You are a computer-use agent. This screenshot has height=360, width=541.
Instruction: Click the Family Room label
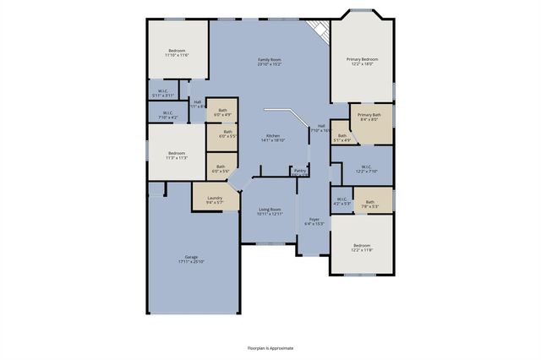tap(270, 59)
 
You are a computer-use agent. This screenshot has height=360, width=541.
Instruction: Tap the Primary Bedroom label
tap(362, 59)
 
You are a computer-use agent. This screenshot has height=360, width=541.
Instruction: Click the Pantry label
tap(299, 170)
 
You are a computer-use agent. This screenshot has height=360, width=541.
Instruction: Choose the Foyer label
tap(314, 219)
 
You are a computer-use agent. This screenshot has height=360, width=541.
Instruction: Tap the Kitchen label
tap(273, 136)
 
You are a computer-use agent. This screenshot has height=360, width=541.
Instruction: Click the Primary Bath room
tap(369, 117)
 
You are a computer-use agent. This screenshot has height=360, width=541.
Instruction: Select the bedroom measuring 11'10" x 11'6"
tap(178, 52)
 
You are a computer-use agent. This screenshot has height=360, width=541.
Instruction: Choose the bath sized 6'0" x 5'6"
tap(222, 169)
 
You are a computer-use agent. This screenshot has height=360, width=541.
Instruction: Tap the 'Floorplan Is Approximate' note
tap(270, 347)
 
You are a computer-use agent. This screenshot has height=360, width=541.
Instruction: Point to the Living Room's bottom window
tap(270, 243)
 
